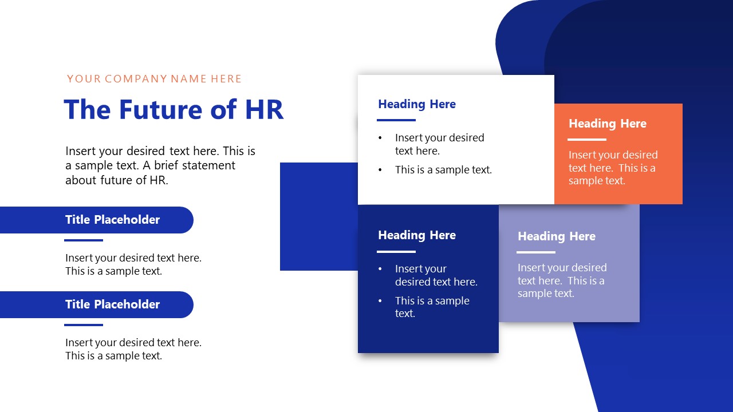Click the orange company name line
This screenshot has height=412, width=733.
pos(155,79)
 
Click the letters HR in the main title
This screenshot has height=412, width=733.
pos(264,110)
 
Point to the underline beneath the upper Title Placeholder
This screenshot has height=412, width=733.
pos(84,240)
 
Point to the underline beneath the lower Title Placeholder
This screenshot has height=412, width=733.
pos(84,325)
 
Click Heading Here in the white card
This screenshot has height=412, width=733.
pos(417,104)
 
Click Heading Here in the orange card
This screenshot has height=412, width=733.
pos(608,124)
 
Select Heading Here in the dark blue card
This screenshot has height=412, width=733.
pos(417,235)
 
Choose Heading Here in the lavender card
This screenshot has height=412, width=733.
pos(557,236)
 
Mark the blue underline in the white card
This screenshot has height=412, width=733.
pos(396,120)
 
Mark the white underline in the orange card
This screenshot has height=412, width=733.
pos(587,139)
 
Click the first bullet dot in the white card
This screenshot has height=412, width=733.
pos(380,138)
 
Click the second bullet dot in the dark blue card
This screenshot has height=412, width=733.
pos(380,301)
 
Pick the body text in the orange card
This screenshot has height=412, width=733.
pos(613,168)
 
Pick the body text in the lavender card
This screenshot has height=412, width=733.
pos(562,280)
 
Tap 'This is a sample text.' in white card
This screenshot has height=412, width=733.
pos(443,170)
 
